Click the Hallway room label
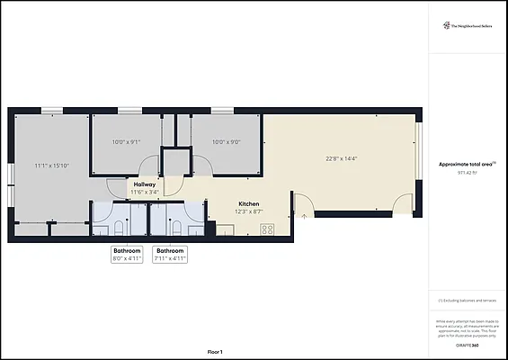(x=145, y=184)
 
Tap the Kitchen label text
(x=248, y=204)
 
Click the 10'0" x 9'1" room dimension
(x=126, y=141)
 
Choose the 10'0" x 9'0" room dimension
(x=225, y=141)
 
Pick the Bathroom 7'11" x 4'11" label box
(x=171, y=254)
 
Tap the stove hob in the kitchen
(x=267, y=229)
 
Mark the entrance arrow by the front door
(x=306, y=214)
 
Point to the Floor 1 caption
(x=214, y=351)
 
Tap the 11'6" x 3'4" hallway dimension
(x=145, y=192)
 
